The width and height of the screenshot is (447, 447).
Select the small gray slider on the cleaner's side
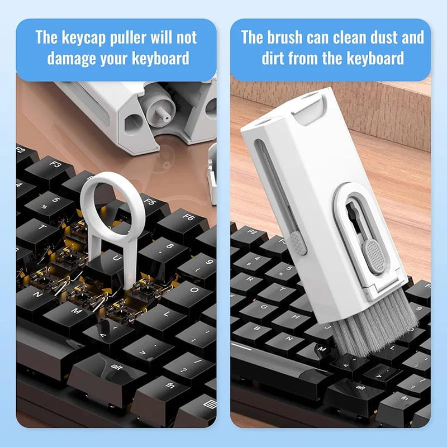point(298,243)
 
